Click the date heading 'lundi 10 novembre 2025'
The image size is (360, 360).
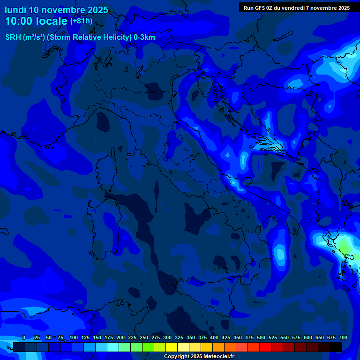pos(56,10)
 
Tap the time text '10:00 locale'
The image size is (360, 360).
pos(37,21)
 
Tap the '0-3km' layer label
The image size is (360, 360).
pos(144,37)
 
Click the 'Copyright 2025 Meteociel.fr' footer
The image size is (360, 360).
pos(199,356)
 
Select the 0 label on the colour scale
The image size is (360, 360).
pos(24,337)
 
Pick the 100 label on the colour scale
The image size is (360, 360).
pos(74,337)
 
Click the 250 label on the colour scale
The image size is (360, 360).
pos(144,337)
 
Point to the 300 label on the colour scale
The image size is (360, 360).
pos(167,337)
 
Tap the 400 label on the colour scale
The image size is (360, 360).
pos(214,337)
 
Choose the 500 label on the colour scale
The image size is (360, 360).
pos(261,337)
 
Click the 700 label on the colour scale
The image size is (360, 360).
pos(343,337)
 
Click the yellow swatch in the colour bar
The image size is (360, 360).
pos(172,347)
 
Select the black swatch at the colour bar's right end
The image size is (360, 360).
pos(336,347)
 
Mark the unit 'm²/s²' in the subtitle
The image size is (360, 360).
pos(33,37)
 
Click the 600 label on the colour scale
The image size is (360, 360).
pos(308,337)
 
